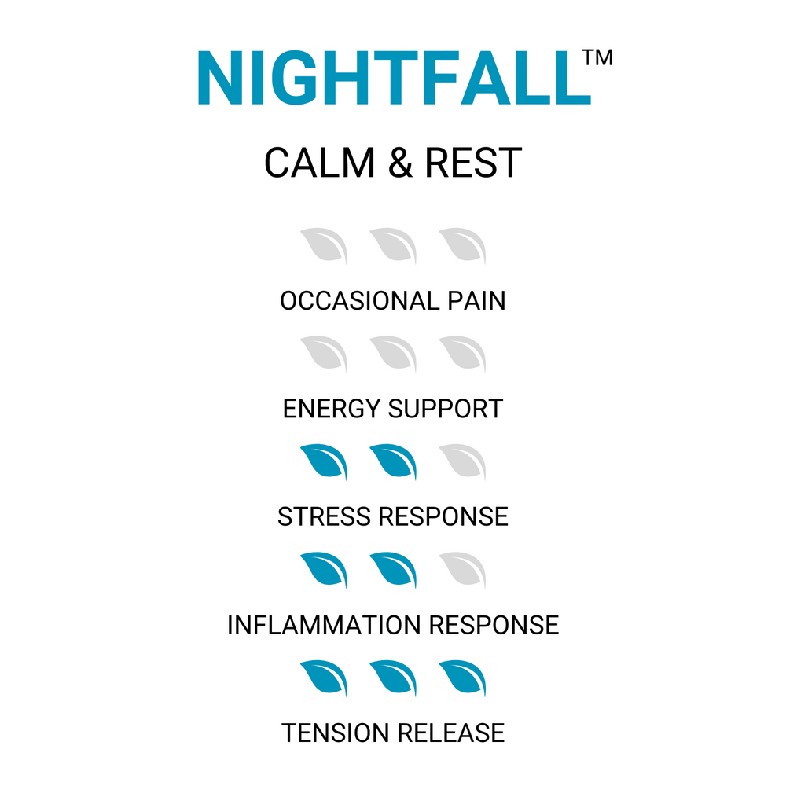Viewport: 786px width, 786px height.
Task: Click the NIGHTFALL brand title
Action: click(x=393, y=79)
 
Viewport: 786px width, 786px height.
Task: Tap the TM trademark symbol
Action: click(x=598, y=59)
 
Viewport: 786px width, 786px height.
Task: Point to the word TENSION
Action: click(x=335, y=733)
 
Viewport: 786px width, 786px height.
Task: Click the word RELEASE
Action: click(x=450, y=733)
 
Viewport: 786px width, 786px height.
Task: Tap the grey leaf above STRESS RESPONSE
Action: click(x=462, y=462)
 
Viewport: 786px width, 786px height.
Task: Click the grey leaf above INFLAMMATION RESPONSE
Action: click(x=462, y=570)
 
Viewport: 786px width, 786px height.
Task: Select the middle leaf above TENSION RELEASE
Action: click(x=393, y=678)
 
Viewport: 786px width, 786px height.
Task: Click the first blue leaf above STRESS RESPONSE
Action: click(x=324, y=462)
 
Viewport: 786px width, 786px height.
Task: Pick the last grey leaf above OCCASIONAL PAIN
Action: click(x=462, y=246)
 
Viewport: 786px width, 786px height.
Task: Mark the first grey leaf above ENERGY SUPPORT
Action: click(x=324, y=354)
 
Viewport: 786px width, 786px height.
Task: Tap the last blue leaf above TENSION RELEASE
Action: click(x=462, y=678)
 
